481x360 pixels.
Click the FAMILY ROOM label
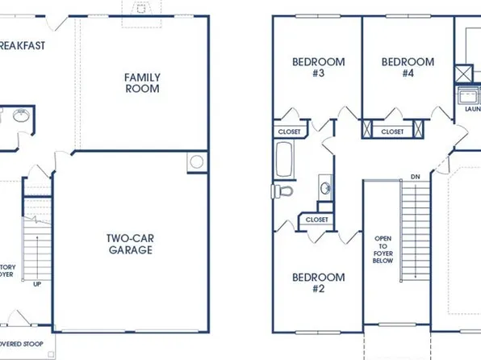[x=141, y=82]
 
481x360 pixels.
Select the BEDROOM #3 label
[x=318, y=67]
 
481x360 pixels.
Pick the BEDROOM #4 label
[x=407, y=67]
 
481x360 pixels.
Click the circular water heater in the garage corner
[x=196, y=161]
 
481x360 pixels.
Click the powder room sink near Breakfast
[x=22, y=115]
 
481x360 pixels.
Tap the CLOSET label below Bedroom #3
[x=290, y=131]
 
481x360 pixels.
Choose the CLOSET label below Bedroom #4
[x=393, y=131]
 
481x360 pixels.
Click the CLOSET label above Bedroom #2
[x=316, y=219]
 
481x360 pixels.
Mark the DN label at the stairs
[x=415, y=176]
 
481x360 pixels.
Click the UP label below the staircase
[x=36, y=284]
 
